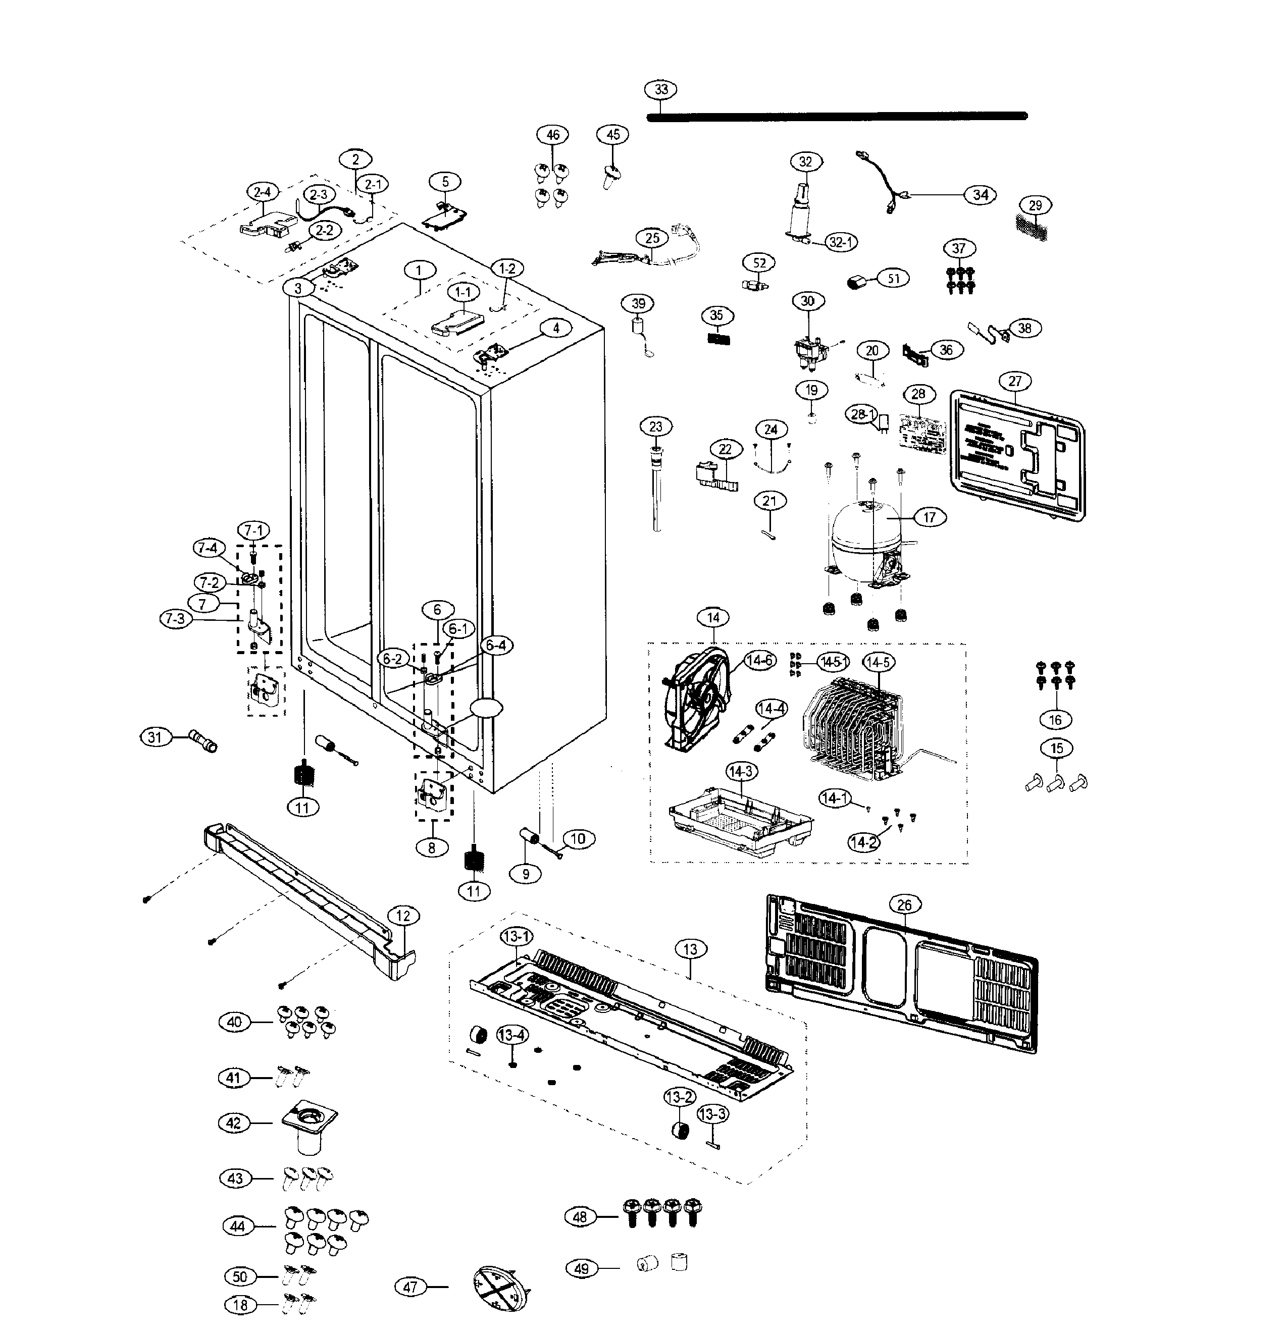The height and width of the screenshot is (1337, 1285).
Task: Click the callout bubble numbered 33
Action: coord(660,90)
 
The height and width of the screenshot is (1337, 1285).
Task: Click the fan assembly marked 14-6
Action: coord(696,703)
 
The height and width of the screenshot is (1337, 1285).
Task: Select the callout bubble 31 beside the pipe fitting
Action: coord(156,737)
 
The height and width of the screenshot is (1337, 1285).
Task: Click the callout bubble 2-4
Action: coord(262,192)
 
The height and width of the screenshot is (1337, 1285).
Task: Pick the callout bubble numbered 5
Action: coord(446,182)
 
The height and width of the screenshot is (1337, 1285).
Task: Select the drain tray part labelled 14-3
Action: coord(740,825)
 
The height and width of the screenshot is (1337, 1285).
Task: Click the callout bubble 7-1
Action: coord(253,530)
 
